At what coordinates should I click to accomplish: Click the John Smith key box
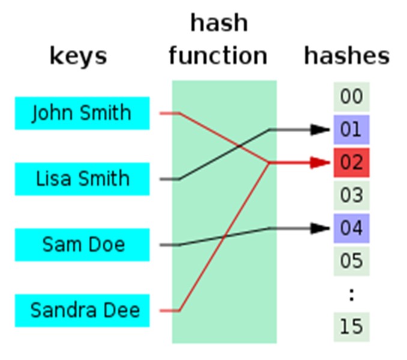[82, 113]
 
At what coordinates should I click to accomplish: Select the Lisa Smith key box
[82, 178]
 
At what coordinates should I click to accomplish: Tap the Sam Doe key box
[82, 245]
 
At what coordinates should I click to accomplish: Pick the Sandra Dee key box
[82, 310]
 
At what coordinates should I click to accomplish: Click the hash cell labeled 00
[351, 97]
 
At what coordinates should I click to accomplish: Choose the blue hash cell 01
[351, 129]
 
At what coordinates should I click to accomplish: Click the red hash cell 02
[351, 162]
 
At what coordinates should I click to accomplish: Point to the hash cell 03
[351, 195]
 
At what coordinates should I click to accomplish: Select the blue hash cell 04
[351, 228]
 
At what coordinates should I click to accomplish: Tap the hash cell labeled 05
[351, 261]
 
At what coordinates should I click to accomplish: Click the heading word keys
[78, 56]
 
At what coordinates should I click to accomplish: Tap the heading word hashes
[346, 55]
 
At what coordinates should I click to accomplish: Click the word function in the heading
[218, 55]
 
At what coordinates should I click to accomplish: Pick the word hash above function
[219, 23]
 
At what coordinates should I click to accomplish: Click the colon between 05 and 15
[351, 294]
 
